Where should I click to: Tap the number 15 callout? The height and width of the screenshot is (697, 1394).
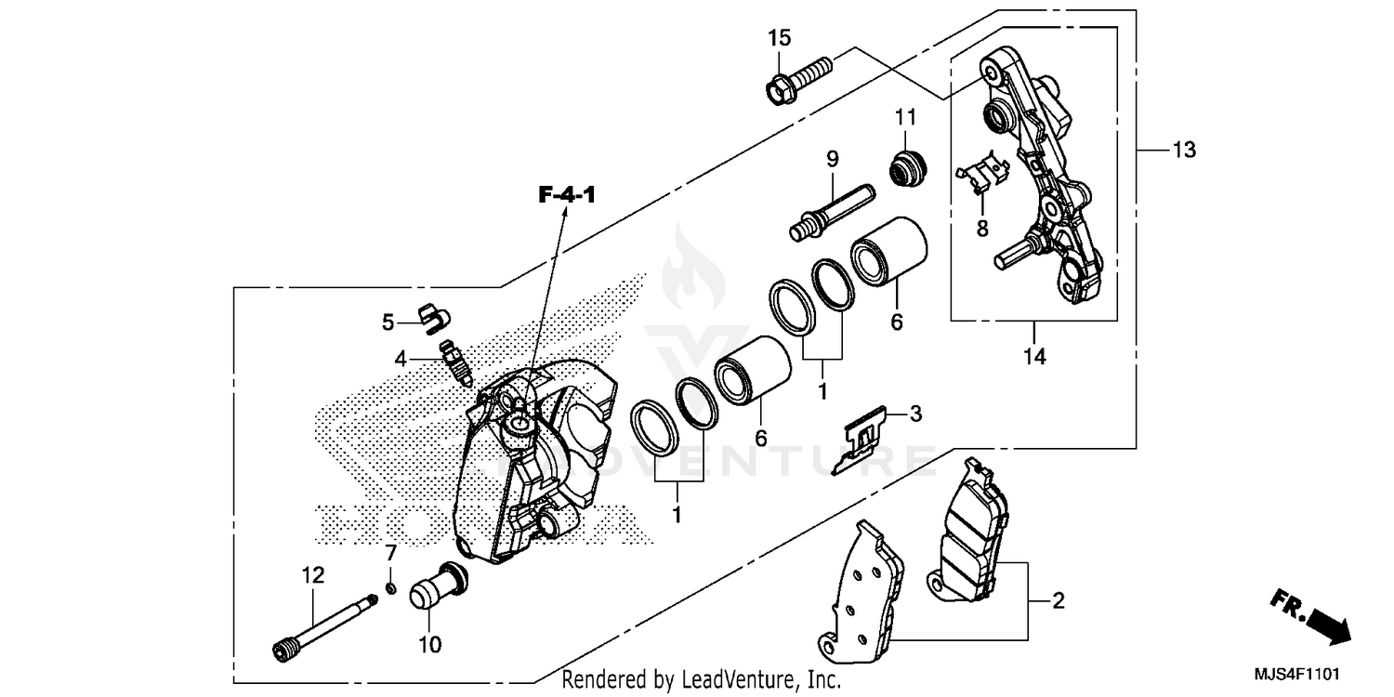click(x=779, y=38)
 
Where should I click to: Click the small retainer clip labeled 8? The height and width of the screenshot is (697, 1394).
click(x=983, y=174)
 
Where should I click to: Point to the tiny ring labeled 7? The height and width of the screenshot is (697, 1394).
click(x=391, y=587)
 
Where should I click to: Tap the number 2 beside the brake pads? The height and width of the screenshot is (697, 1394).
click(x=1057, y=601)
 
